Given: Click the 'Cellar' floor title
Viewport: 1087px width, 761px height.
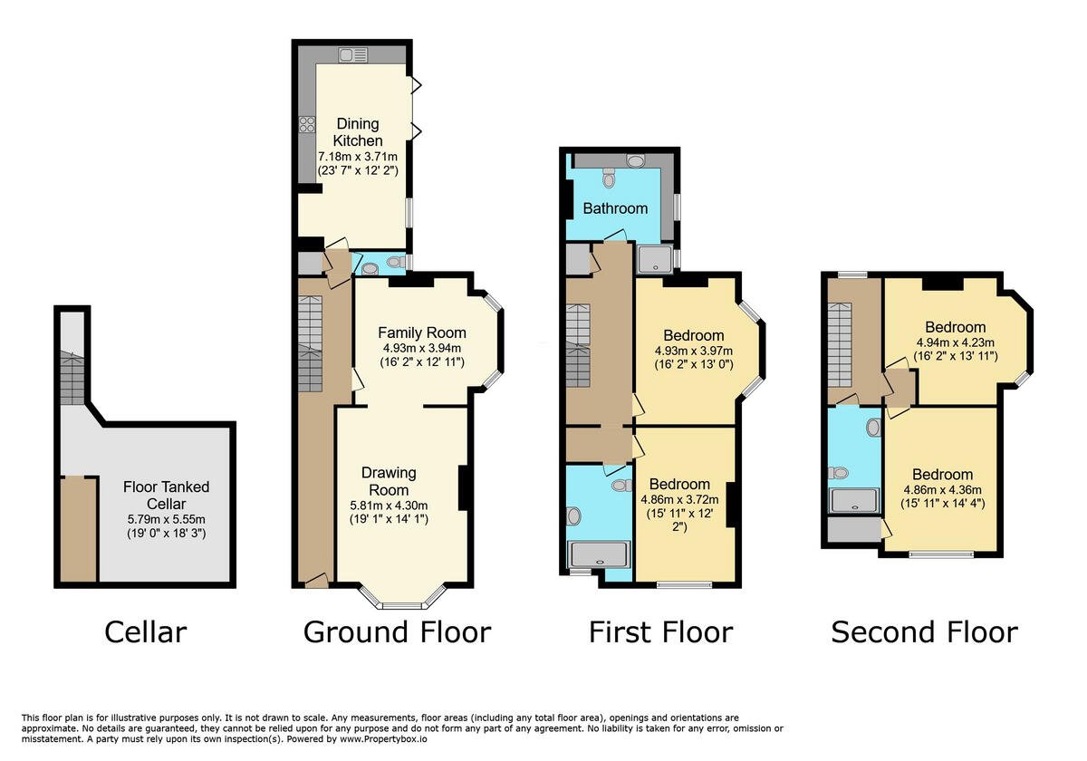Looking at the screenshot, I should point(146,631).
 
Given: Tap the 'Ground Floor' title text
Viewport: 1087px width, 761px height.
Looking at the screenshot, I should point(397,631).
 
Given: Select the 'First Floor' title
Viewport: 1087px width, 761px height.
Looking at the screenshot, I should point(660,631).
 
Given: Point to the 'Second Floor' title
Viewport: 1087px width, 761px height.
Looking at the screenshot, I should point(924,631).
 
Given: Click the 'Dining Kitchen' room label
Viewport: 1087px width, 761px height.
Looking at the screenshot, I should point(358,132).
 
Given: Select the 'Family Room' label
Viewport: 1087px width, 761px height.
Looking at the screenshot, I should point(422,332).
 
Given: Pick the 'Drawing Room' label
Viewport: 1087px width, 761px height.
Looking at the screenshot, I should point(389,481).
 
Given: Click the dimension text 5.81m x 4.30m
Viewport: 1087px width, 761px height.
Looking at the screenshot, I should point(389,506).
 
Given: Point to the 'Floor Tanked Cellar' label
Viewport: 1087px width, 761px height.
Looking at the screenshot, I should point(166,496).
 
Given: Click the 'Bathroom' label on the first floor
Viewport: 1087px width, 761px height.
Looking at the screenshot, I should point(615,208).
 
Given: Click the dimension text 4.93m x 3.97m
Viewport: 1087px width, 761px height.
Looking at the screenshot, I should point(694,352).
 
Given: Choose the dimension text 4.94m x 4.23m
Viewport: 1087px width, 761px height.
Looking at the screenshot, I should point(956,342).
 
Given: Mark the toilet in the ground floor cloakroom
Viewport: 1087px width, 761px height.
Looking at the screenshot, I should point(370,267).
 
